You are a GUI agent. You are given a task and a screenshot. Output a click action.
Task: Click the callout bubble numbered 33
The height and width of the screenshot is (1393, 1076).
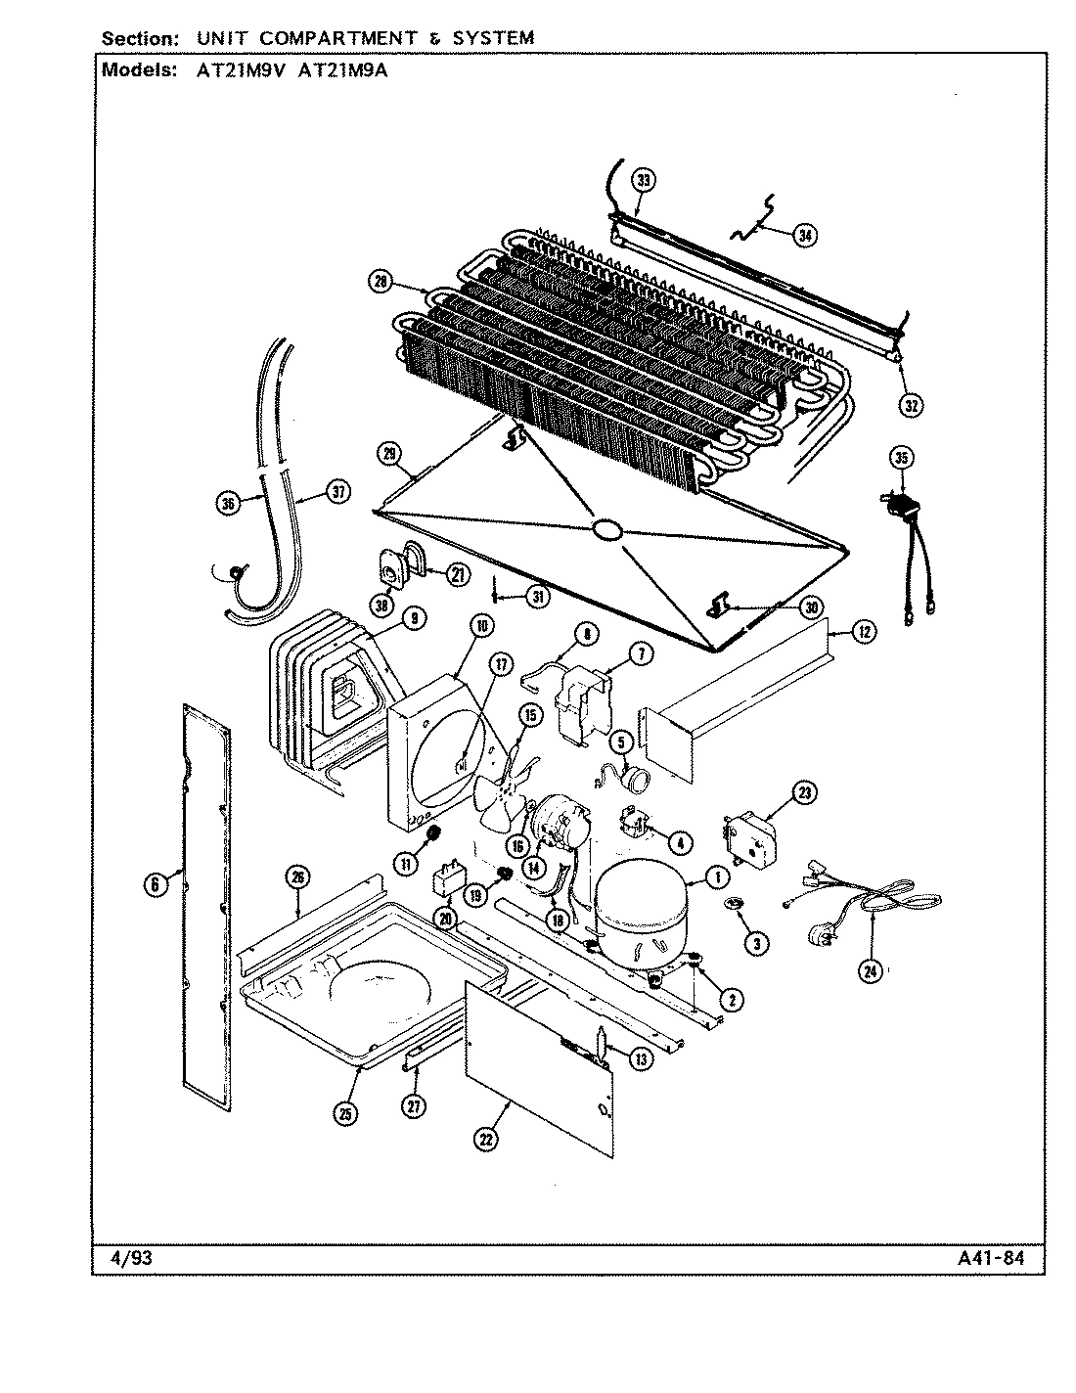tap(643, 180)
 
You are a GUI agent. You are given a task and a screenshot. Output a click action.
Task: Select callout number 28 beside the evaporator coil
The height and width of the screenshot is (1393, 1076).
tap(380, 282)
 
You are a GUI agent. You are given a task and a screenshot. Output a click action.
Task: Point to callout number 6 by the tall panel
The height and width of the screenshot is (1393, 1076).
tap(154, 884)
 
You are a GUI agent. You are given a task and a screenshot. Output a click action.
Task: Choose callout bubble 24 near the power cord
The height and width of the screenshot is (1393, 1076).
tap(870, 970)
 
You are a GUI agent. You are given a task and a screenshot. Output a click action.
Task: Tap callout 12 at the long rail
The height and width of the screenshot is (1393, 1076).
tap(863, 632)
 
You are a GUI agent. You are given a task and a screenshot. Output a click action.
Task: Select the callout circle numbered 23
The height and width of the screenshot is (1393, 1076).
tap(804, 792)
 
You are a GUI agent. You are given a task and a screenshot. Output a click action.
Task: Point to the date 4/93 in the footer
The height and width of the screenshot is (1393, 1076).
tap(125, 1258)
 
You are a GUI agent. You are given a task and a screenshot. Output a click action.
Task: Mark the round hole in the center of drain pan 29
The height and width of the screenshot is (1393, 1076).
tap(606, 529)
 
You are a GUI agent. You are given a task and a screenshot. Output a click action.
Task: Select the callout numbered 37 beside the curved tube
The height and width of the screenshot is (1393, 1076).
tap(337, 493)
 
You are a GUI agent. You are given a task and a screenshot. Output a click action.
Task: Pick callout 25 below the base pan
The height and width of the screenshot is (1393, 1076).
tap(348, 1112)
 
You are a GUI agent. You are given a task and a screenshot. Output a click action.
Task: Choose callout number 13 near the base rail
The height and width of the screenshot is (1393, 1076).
tap(640, 1059)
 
